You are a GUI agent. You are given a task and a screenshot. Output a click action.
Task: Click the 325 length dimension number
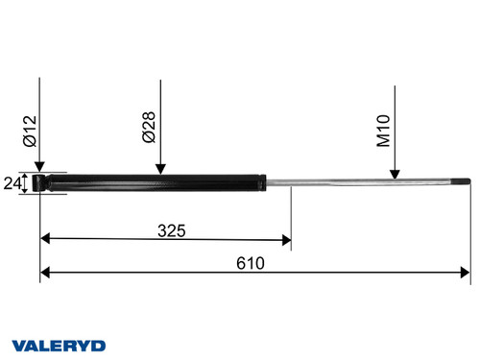(x=171, y=230)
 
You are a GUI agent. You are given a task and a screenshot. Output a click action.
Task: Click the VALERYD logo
(x=59, y=345)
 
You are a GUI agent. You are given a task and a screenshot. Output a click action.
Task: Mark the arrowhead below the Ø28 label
(x=161, y=170)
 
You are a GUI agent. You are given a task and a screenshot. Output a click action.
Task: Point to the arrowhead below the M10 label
(x=395, y=174)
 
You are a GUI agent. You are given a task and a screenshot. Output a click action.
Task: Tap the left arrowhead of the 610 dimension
(x=46, y=274)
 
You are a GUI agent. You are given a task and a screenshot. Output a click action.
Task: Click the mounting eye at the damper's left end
(x=39, y=181)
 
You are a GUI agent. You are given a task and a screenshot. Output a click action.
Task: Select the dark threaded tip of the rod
(x=462, y=181)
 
